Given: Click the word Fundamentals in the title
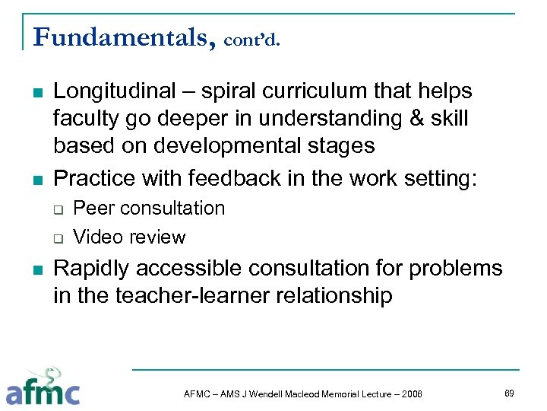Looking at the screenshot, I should coord(120,36).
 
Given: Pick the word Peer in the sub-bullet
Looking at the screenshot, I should coord(94,209).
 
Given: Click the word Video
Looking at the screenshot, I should coord(97,237).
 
